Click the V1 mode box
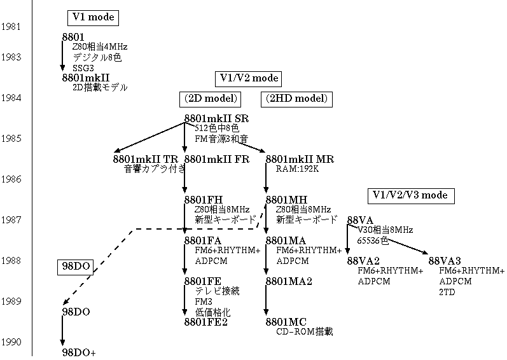pos(92,18)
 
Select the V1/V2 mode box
pos(249,78)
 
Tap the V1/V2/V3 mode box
pos(410,195)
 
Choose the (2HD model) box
pos(295,99)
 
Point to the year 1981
pos(11,27)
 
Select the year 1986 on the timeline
pos(11,179)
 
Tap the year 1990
pos(11,342)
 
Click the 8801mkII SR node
pos(216,118)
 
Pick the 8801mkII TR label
pos(146,159)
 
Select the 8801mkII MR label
pos(300,159)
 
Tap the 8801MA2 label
pos(289,281)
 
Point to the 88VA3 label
pos(445,261)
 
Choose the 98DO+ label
pos(78,352)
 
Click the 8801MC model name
pos(286,322)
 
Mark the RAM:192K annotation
pos(297,170)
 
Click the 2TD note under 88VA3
pos(447,291)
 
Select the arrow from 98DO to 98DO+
pos(62,331)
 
